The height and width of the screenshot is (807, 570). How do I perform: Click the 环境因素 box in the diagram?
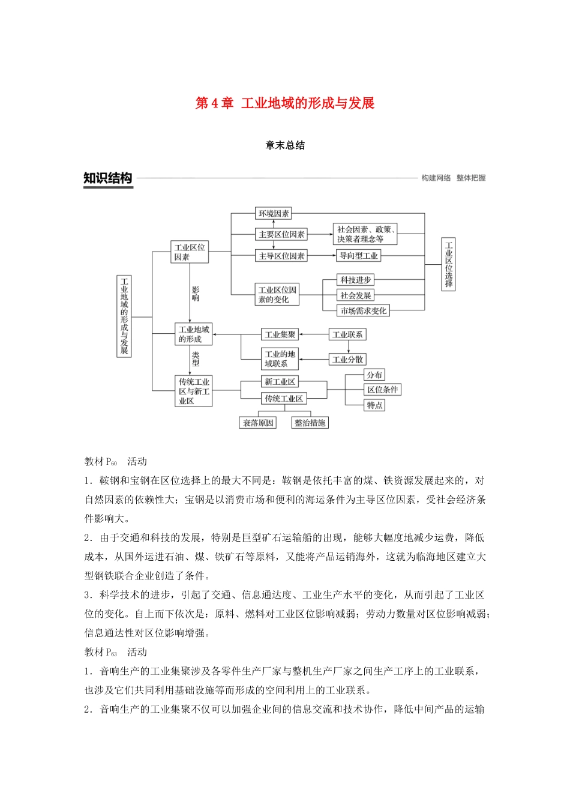point(274,214)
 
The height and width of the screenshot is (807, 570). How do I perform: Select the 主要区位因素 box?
point(281,234)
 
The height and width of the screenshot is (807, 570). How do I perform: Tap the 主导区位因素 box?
point(281,256)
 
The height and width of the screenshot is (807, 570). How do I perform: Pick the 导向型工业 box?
point(358,256)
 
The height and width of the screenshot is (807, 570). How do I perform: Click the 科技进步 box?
point(356,280)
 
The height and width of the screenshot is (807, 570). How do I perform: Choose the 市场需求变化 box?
point(364,311)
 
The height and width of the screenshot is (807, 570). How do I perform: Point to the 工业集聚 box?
point(280,334)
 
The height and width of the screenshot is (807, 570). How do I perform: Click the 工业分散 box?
point(347,360)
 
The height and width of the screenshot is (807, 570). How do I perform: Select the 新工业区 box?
point(280,382)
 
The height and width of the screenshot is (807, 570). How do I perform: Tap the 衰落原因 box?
point(258,423)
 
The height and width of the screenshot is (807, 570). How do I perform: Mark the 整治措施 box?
point(310,423)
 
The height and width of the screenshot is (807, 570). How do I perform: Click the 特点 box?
point(374,405)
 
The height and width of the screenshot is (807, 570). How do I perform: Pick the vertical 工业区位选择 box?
point(449,264)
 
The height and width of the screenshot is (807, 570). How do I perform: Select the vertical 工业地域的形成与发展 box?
point(124,316)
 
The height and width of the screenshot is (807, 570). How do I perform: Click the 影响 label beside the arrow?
point(196,294)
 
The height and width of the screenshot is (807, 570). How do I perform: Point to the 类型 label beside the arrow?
point(196,359)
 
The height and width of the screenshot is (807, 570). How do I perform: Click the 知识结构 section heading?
point(108,178)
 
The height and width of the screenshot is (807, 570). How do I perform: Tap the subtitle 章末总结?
point(285,145)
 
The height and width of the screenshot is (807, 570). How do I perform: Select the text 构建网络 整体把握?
point(453,178)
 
